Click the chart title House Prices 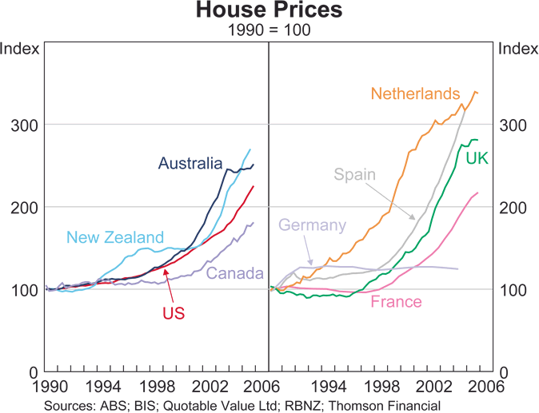(x=269, y=11)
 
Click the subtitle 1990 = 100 (x=269, y=30)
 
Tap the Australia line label (x=190, y=164)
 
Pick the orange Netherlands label (x=416, y=93)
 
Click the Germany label (x=312, y=224)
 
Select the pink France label (x=396, y=302)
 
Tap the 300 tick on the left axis (x=22, y=125)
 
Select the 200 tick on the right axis (x=515, y=208)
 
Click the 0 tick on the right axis (x=504, y=373)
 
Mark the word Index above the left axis (x=21, y=48)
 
